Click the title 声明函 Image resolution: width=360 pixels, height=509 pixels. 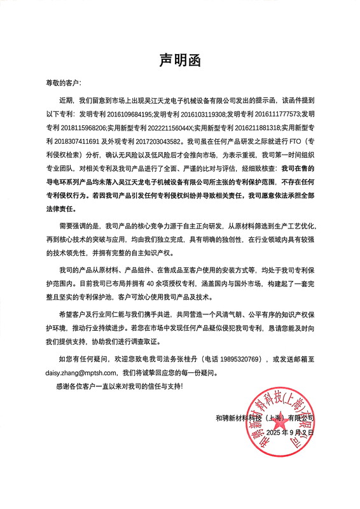(x=179, y=60)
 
